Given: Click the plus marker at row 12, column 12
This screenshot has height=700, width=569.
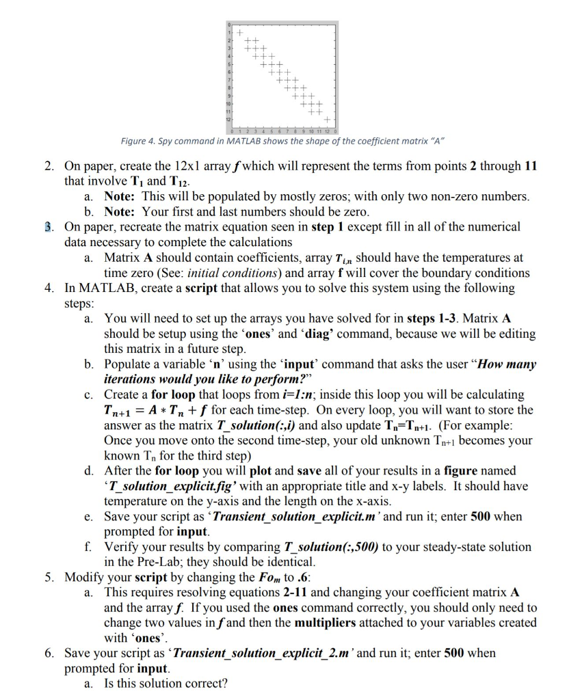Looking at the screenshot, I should point(327,120).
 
